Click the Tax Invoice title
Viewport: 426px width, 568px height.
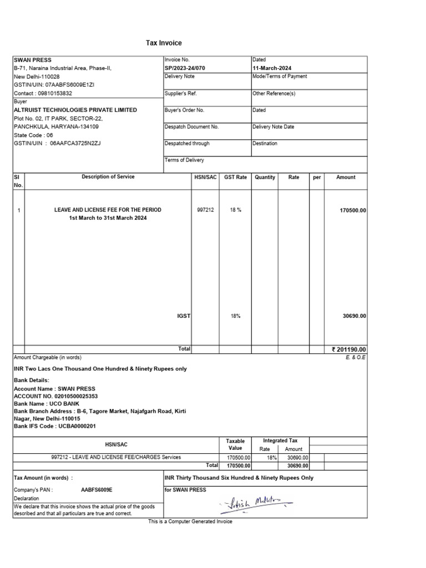[164, 43]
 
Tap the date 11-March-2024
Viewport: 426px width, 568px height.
[272, 68]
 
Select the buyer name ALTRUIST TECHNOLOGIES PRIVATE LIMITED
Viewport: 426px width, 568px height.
[75, 110]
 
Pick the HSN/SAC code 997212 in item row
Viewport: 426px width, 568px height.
[205, 210]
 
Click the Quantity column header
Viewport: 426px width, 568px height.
[265, 177]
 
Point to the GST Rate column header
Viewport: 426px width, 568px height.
[235, 177]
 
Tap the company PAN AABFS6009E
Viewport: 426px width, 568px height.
[97, 490]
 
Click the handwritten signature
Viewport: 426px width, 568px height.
[256, 503]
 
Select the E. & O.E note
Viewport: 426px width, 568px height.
[355, 358]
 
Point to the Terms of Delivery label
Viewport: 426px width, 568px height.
[184, 160]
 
